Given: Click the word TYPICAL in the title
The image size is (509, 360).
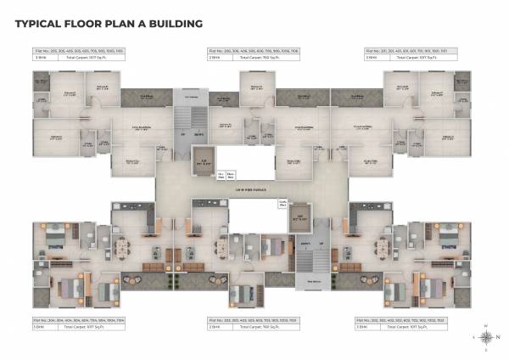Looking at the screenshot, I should click(x=36, y=24).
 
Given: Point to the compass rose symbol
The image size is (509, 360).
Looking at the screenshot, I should click(x=485, y=336).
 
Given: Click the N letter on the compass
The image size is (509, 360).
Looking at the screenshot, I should click(x=485, y=325).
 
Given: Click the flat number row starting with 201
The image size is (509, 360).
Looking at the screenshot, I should click(x=411, y=53).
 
